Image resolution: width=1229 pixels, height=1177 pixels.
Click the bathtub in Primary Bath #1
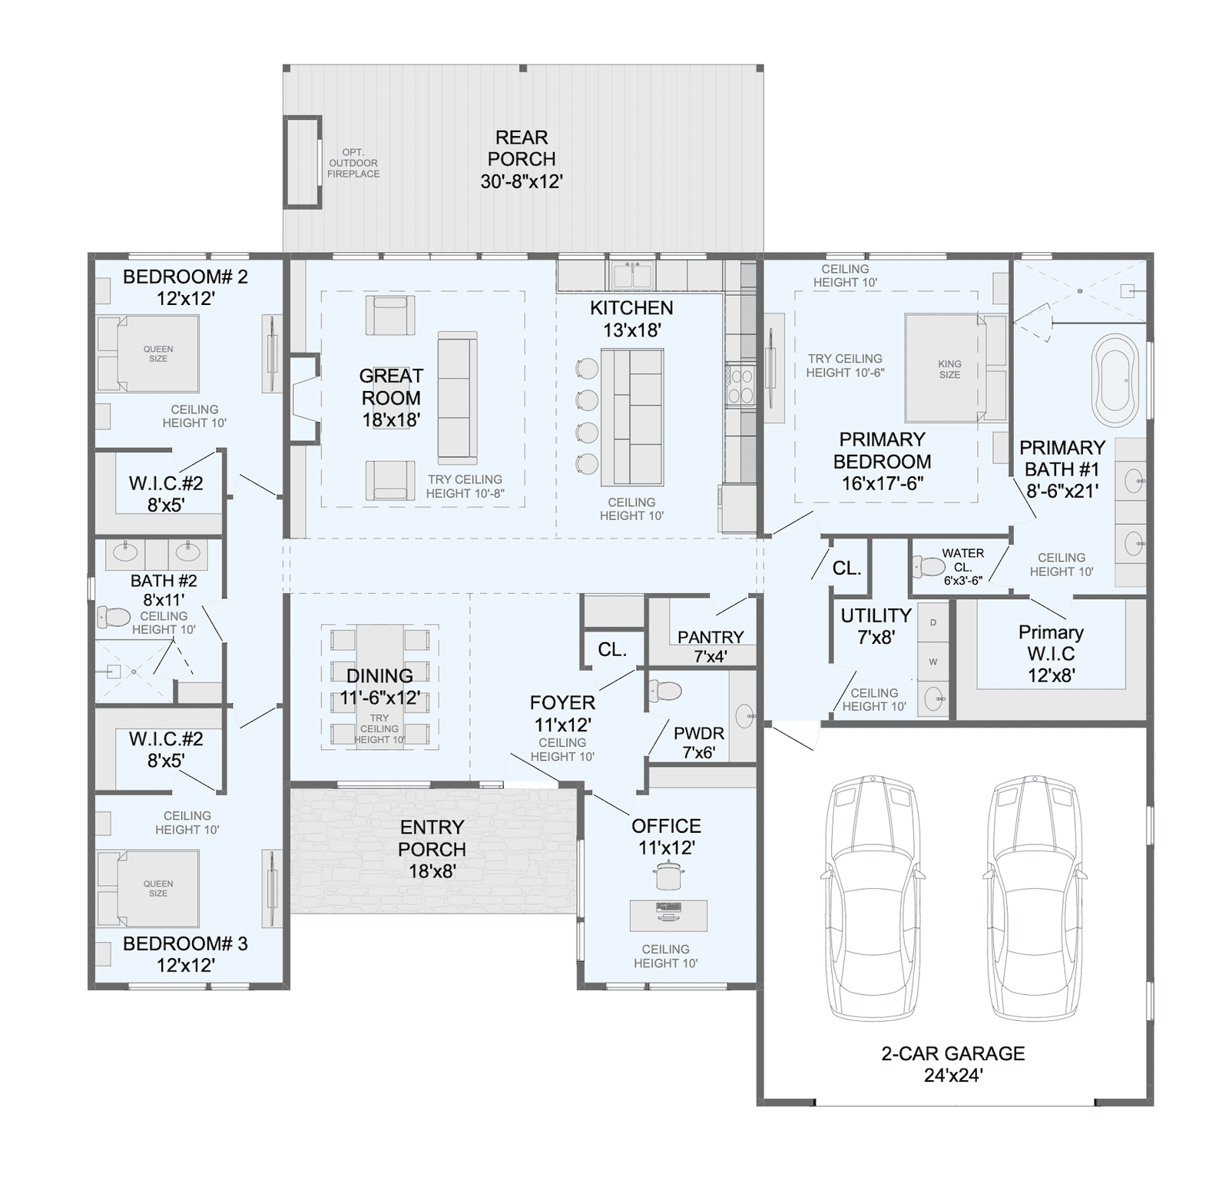tap(1118, 380)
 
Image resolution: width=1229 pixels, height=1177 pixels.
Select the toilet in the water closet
tap(929, 567)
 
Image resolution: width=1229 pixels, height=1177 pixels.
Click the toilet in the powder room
tap(664, 691)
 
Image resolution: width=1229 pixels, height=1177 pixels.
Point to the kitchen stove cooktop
tap(740, 386)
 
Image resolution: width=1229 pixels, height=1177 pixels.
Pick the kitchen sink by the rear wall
tap(631, 275)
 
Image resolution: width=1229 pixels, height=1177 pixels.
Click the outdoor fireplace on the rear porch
tap(303, 161)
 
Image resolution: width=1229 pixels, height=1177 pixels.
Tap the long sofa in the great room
tap(457, 398)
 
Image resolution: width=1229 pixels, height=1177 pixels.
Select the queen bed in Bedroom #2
tap(148, 353)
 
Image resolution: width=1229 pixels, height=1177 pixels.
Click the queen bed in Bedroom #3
tap(148, 888)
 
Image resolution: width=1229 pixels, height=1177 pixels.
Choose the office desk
tap(668, 915)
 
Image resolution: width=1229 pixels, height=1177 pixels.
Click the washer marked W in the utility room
tap(933, 661)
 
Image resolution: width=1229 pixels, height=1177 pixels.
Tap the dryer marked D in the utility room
tap(933, 622)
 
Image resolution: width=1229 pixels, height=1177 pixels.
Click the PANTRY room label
tap(711, 637)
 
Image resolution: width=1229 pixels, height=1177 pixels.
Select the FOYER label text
tap(562, 703)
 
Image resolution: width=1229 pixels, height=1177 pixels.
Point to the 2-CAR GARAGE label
tap(953, 1053)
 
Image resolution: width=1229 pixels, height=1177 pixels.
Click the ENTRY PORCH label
tap(432, 838)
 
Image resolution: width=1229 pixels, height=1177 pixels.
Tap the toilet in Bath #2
tap(114, 617)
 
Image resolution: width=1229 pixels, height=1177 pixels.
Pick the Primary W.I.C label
tap(1051, 643)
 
